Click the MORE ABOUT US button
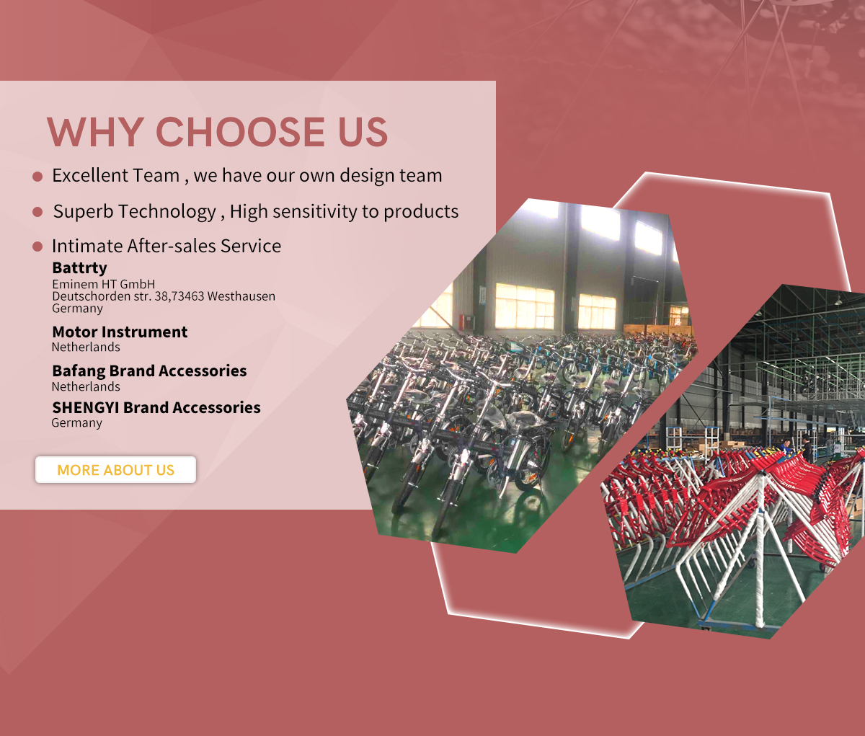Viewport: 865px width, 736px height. point(115,469)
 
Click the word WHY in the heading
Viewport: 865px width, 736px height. point(95,132)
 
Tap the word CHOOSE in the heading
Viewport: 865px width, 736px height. point(240,132)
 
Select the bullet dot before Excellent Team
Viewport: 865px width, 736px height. point(37,177)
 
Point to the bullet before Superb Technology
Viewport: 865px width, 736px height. point(37,212)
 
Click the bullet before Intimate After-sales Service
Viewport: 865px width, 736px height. point(37,247)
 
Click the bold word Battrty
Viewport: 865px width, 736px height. point(79,267)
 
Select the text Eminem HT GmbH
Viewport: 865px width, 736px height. point(103,284)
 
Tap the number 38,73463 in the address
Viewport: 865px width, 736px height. point(179,296)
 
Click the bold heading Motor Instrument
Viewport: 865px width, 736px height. point(120,332)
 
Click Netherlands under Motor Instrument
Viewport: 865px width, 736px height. point(86,347)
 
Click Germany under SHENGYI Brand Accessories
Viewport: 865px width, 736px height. point(76,422)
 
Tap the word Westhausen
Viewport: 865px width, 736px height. point(241,296)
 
